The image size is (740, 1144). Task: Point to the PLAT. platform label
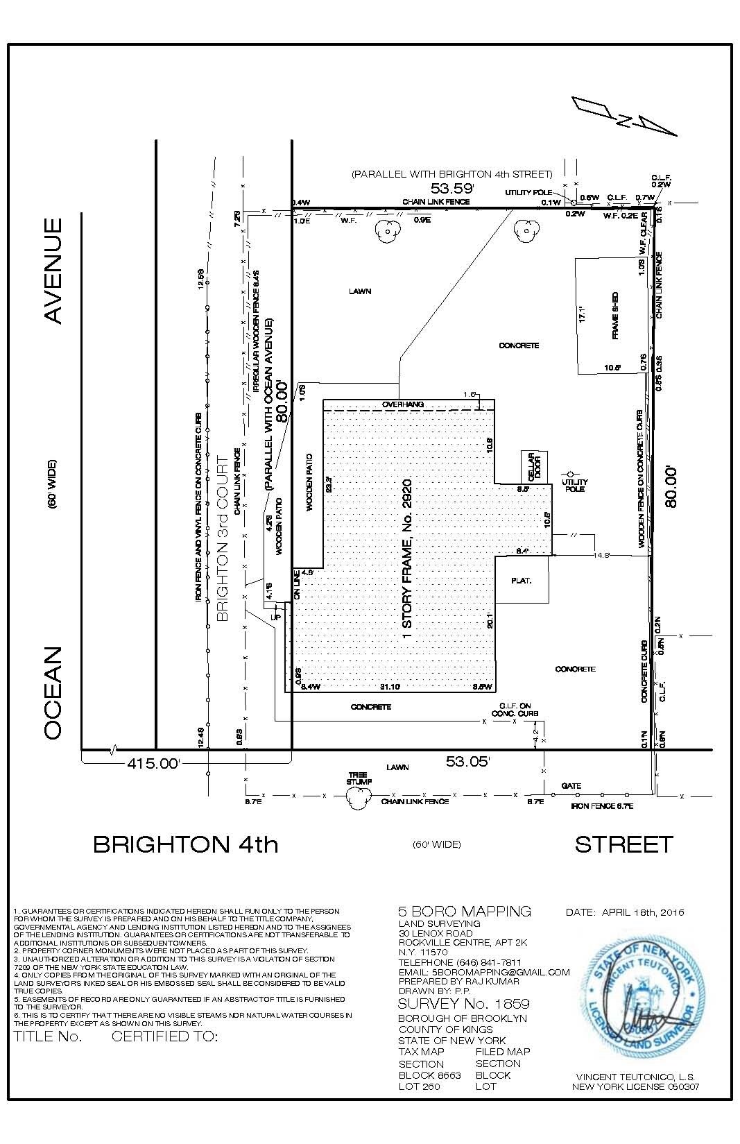[521, 580]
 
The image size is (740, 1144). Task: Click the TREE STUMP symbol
[359, 798]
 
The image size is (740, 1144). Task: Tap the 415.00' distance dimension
[153, 764]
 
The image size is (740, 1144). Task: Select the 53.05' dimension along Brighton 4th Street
[468, 762]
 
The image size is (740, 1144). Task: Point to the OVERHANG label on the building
[402, 404]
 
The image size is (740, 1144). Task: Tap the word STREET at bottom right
[623, 844]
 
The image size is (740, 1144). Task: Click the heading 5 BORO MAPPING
[464, 911]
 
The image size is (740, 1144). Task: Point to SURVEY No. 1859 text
[463, 1004]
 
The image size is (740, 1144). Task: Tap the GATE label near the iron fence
[571, 785]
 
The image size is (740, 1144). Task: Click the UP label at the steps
[275, 616]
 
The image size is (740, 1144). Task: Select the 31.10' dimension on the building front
[390, 687]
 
